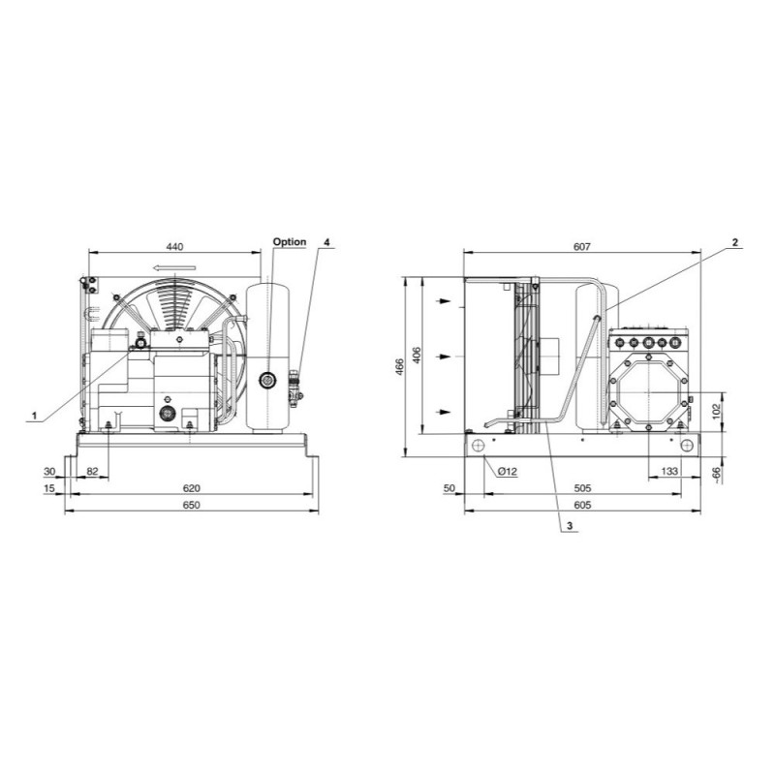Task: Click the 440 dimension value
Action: pos(175,247)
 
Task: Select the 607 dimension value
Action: pos(582,247)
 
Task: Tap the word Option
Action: pos(290,242)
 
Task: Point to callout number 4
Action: pos(326,242)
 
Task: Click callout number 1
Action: pos(34,416)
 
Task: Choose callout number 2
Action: pos(735,242)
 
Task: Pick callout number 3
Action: pos(570,525)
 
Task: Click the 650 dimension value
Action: pos(191,505)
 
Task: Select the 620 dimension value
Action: pos(191,488)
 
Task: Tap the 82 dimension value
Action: pos(92,472)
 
